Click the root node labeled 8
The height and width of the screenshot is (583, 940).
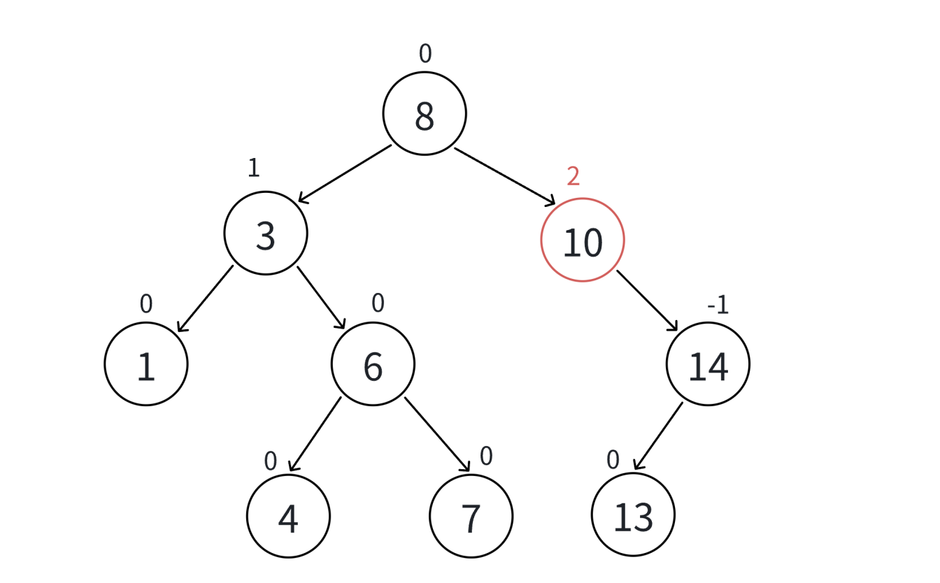click(x=425, y=113)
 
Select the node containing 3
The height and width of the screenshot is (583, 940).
click(x=266, y=233)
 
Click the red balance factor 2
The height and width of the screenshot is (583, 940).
click(x=573, y=177)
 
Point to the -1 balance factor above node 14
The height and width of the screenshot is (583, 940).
click(x=718, y=305)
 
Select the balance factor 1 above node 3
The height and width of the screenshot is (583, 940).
click(x=253, y=168)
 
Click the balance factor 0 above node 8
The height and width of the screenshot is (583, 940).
click(x=425, y=54)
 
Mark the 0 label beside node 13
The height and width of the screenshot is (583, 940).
click(x=613, y=459)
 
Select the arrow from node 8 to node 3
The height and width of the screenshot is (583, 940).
click(x=345, y=174)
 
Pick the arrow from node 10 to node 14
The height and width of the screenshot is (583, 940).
click(x=647, y=301)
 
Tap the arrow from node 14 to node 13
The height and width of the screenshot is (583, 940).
click(x=658, y=436)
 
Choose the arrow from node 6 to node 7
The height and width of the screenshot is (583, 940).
click(x=437, y=435)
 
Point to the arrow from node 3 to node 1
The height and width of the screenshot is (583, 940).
click(x=205, y=298)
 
